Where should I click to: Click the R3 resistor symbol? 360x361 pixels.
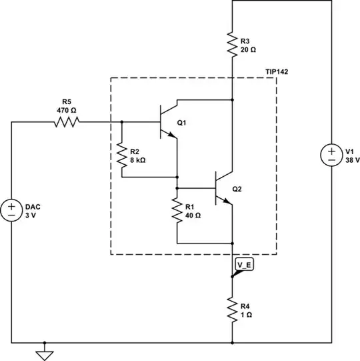pos(231,45)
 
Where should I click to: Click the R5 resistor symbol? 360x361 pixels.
pos(67,121)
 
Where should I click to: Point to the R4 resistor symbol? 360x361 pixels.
pos(231,310)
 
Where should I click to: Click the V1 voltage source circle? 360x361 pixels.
pos(331,155)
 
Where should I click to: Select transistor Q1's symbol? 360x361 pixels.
pos(167,121)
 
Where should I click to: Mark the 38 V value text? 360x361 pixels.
pos(353,160)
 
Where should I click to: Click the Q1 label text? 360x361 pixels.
pos(183,123)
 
